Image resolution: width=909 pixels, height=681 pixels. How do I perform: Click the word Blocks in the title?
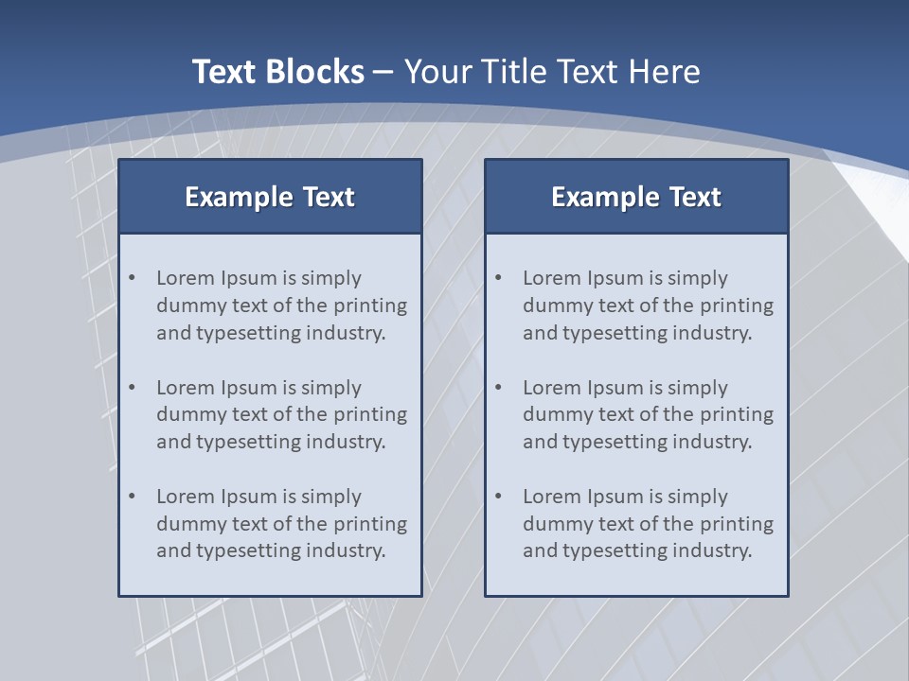coord(317,72)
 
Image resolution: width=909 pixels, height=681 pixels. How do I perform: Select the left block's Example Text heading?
coord(270,197)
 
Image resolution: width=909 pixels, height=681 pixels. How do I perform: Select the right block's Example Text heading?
coord(636,197)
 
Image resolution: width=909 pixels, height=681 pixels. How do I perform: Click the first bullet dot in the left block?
coord(133,278)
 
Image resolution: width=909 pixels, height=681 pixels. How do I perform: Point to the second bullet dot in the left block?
coord(133,388)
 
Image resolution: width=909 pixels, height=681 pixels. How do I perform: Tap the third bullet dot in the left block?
coord(133,497)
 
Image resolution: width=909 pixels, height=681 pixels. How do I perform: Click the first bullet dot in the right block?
coord(499,278)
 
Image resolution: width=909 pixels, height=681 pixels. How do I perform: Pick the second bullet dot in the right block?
coord(499,388)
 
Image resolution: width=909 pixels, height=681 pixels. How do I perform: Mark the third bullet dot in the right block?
coord(499,497)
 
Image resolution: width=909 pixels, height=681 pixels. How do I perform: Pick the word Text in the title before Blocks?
coord(228,72)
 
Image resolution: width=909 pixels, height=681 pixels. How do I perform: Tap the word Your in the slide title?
coord(438,72)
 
